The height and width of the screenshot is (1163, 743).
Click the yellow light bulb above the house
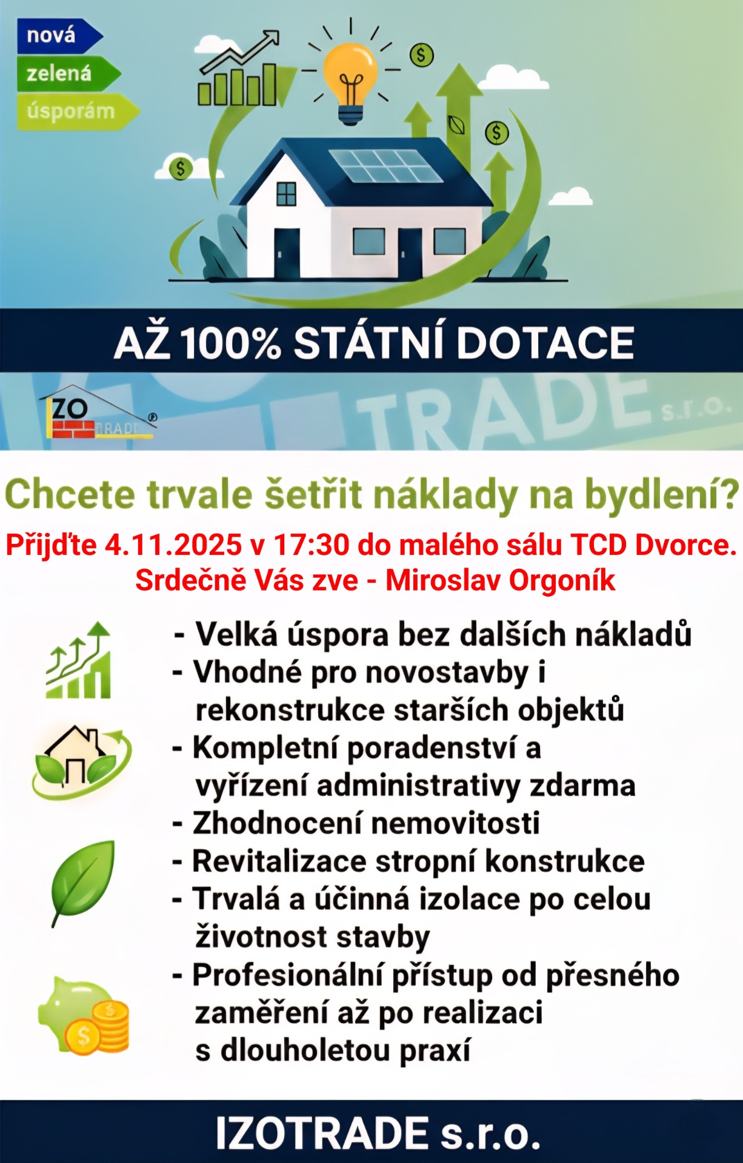(x=350, y=82)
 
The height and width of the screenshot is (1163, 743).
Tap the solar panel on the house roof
(x=386, y=165)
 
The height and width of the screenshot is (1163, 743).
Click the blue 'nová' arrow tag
(x=59, y=35)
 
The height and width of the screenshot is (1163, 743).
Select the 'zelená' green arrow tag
(x=68, y=73)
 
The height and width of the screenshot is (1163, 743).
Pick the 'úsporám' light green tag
(x=78, y=111)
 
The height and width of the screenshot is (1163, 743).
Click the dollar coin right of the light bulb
(x=422, y=56)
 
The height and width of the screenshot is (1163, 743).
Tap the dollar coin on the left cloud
(x=180, y=168)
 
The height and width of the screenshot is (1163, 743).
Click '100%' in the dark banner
(x=230, y=343)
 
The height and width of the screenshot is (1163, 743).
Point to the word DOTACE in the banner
(x=545, y=343)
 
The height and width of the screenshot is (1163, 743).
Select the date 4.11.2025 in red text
(x=173, y=545)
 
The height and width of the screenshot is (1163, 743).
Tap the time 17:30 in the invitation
(x=311, y=545)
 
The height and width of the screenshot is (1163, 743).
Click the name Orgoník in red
(x=562, y=580)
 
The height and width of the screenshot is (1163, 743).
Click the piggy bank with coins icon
(x=84, y=1015)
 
